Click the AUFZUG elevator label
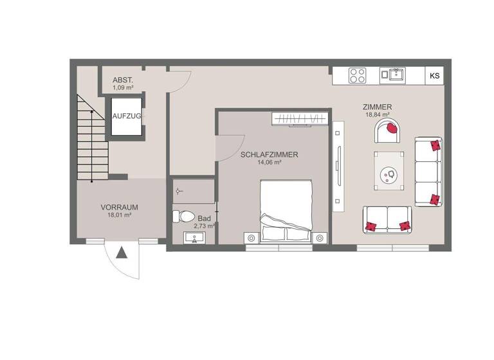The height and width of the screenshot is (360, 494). coord(126,116)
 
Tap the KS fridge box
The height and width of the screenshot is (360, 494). coord(435,76)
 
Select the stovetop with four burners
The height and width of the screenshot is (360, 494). coord(357,75)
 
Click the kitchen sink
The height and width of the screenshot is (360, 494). coord(394,75)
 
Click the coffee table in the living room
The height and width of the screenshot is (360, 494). coord(389,170)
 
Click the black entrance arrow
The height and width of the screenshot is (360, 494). coord(122,252)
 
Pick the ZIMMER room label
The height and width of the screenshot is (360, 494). coord(378,107)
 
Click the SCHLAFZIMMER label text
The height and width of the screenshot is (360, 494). coord(270,154)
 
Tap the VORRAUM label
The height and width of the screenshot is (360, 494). coord(120,207)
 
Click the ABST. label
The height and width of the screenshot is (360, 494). coord(122,79)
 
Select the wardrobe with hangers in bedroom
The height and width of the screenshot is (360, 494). coord(300,119)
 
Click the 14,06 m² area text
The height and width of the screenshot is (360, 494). coord(270,163)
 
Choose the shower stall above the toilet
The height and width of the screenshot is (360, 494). coord(192,191)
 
